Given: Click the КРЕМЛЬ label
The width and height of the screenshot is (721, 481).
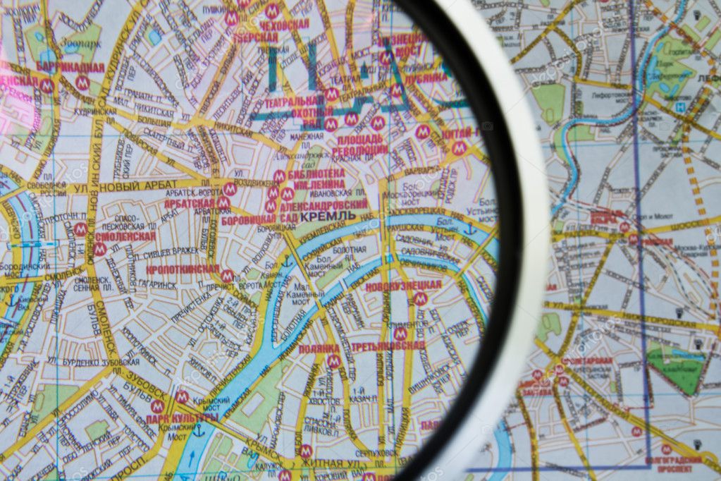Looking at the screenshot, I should pos(328,215).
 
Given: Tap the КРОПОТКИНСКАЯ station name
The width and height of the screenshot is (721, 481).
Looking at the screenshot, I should pos(183,269).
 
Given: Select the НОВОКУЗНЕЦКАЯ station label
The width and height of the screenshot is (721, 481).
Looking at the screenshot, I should pos(403,286).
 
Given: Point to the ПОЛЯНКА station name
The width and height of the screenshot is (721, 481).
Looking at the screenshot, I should pos(319,348).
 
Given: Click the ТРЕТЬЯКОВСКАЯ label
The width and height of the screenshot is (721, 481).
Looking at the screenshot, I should pos(388,346).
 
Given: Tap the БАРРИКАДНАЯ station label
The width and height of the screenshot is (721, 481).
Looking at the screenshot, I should pos(70,68).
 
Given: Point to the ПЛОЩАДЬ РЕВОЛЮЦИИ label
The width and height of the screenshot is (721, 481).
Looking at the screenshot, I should pos(359,144).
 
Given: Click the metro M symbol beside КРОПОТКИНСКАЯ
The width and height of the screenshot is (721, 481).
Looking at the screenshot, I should pos(227,276).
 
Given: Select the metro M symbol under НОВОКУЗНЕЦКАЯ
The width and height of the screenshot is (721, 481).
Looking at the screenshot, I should pos(420,299).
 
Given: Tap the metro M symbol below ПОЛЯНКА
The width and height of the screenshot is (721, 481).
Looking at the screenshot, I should pos(334,361).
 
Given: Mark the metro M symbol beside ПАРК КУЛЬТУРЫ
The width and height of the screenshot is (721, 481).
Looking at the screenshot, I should pos(156,406).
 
